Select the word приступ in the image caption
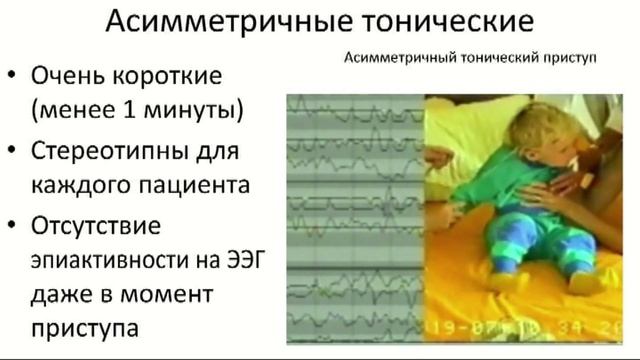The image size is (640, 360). click(x=570, y=58)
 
